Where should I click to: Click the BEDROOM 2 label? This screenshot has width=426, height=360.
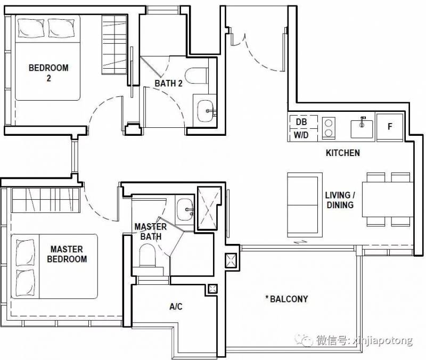click(48, 72)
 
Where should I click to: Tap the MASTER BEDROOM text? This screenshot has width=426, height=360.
click(67, 254)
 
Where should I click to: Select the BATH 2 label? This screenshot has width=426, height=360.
click(168, 83)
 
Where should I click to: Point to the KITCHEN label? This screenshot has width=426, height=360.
click(343, 153)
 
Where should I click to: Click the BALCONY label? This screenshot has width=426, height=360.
click(286, 299)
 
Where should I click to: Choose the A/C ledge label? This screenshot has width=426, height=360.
click(176, 306)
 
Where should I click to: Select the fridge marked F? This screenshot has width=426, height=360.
click(390, 127)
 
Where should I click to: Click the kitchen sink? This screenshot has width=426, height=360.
click(362, 128)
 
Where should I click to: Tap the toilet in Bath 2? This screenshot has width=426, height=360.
click(196, 76)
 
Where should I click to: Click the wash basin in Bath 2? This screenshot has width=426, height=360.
click(206, 111)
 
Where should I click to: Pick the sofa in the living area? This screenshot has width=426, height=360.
click(305, 205)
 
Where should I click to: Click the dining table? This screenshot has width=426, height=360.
click(388, 199)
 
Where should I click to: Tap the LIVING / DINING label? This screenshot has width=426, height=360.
click(340, 200)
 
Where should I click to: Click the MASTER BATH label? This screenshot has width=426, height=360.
click(151, 232)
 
